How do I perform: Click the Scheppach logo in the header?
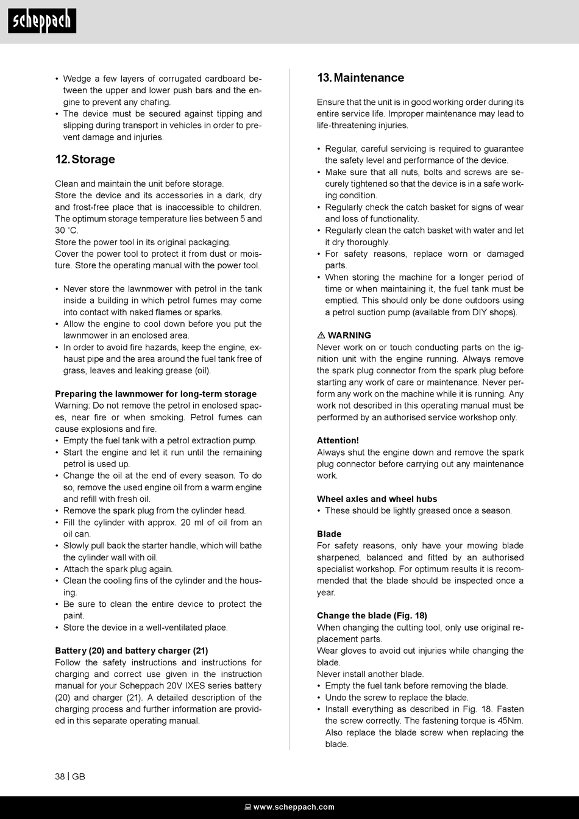[x=42, y=21]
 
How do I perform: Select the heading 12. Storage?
[x=85, y=159]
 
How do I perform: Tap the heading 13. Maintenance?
[x=360, y=77]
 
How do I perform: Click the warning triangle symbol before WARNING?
[x=321, y=335]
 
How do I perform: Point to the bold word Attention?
[x=338, y=440]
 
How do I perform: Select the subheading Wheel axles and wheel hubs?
[x=377, y=499]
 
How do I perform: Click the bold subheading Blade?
[x=329, y=534]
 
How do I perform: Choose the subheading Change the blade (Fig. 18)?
[x=372, y=615]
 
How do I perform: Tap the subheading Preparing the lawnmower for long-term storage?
[x=155, y=394]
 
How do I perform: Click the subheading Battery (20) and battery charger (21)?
[x=131, y=651]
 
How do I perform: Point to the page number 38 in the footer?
[x=60, y=776]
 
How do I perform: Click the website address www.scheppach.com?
[x=294, y=807]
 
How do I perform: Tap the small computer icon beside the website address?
[x=248, y=807]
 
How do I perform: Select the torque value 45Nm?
[x=511, y=721]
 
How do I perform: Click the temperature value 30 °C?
[x=66, y=231]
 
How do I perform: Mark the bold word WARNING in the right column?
[x=349, y=335]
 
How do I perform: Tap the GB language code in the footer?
[x=79, y=776]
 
